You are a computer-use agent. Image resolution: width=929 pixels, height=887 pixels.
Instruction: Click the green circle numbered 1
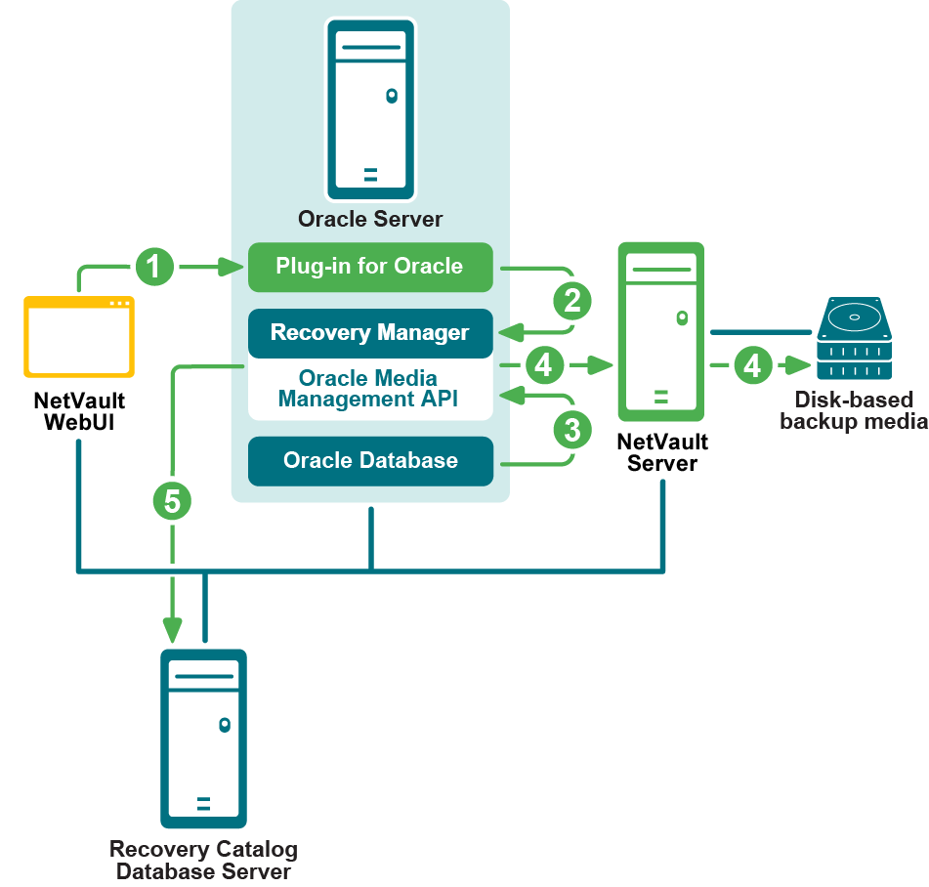[x=155, y=266]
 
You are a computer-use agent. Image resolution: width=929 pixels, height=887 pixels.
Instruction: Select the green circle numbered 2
[x=572, y=300]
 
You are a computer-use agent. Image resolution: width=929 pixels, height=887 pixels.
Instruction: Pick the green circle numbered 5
[x=173, y=501]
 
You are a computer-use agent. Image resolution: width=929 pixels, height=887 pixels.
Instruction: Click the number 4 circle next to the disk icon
[x=751, y=365]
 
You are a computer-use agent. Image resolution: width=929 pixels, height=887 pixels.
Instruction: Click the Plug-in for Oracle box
[x=369, y=267]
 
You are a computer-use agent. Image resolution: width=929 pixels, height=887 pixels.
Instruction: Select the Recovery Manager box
[x=369, y=333]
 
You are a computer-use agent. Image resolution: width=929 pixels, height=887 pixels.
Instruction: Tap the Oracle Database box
[x=369, y=461]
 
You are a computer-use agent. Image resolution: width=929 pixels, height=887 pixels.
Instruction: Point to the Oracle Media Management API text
[x=369, y=389]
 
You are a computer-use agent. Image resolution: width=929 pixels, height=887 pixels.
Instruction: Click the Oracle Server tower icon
[x=370, y=109]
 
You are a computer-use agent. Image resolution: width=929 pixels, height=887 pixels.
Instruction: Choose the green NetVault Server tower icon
[x=661, y=330]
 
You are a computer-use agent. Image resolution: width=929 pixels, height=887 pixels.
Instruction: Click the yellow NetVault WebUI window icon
[x=79, y=336]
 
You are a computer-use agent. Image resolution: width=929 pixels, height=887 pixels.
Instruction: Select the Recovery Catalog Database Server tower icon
[x=203, y=739]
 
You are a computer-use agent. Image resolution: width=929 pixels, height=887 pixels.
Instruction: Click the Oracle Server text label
[x=370, y=219]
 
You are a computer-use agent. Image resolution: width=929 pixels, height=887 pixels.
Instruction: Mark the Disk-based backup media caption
[x=853, y=410]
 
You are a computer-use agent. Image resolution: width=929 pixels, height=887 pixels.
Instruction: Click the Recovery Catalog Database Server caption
[x=203, y=860]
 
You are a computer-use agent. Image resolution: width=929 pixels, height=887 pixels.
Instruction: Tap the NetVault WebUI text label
[x=79, y=411]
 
